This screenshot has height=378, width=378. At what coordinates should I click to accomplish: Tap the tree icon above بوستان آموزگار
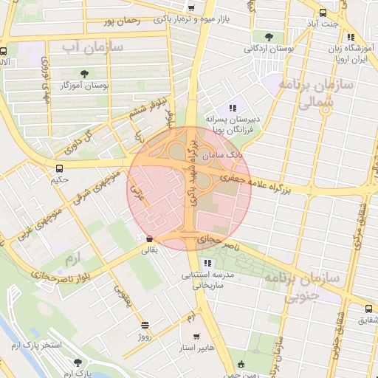[84, 73]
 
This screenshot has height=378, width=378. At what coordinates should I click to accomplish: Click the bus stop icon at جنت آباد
[323, 13]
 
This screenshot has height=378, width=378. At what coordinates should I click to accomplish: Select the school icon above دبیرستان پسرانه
[233, 108]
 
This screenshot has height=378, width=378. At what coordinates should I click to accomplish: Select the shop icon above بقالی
[151, 239]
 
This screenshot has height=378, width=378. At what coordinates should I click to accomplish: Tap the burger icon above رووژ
[145, 324]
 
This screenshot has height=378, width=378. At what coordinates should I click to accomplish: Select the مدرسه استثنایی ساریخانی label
[208, 279]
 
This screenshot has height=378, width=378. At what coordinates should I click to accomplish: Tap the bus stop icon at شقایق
[368, 309]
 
